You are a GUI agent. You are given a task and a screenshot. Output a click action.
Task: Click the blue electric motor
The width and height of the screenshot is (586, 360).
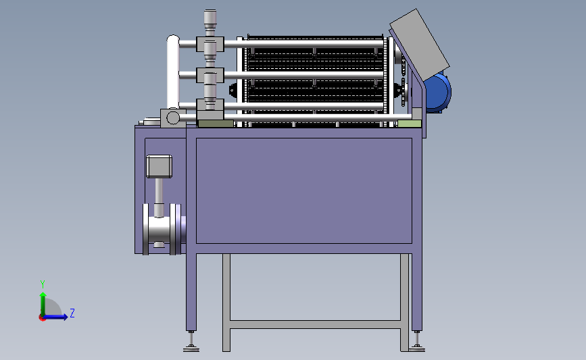coord(438,93)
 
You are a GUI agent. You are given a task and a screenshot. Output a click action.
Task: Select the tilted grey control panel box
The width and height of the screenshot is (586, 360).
coord(419,45)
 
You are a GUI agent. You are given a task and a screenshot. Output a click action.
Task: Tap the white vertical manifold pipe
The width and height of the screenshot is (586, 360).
coord(172,72)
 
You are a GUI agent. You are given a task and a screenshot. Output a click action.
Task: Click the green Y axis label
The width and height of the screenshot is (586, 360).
coord(43,284)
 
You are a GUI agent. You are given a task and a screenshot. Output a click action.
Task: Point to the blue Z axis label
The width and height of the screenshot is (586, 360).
coord(72,313)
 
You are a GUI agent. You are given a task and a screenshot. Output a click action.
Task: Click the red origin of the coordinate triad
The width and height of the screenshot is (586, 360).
coord(42,318)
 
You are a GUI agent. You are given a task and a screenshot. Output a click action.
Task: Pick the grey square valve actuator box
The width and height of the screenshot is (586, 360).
coord(160,167)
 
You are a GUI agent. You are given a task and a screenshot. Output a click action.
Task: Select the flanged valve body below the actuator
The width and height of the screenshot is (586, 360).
coord(162,229)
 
